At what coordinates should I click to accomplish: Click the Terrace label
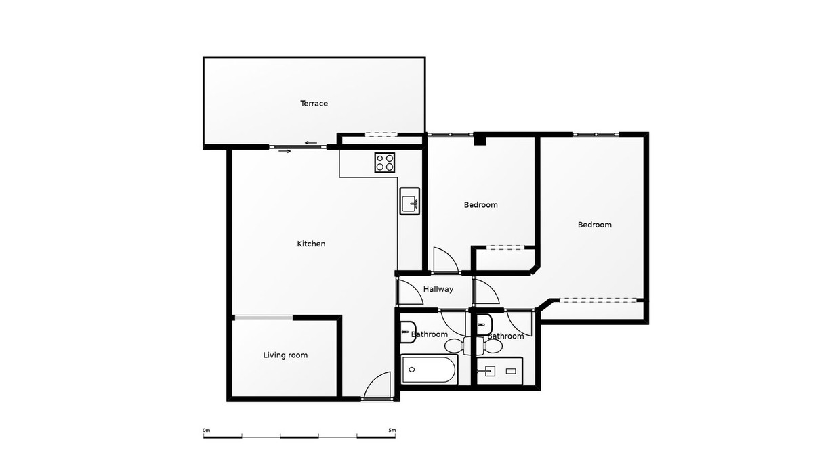[314, 104]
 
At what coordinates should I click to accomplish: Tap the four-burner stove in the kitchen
[385, 162]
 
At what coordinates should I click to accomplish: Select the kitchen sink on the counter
[410, 201]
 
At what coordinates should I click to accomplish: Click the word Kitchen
[312, 244]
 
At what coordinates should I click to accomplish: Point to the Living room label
[285, 355]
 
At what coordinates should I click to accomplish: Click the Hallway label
[438, 289]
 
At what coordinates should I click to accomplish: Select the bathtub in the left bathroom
[430, 370]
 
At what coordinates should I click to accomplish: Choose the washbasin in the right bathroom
[482, 326]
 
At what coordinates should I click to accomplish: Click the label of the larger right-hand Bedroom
[594, 225]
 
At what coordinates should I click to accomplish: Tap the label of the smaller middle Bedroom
[480, 204]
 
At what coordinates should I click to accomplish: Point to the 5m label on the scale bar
[392, 430]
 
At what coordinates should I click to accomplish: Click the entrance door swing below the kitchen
[378, 387]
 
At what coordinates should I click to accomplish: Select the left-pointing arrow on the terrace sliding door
[312, 142]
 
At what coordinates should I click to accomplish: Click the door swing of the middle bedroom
[444, 261]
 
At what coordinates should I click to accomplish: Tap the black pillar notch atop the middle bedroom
[480, 140]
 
